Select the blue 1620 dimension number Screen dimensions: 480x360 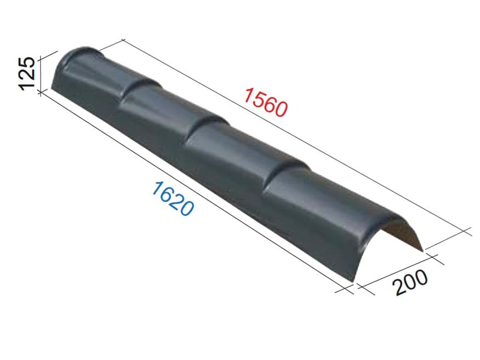click(x=173, y=198)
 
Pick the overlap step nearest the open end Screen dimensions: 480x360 click(x=286, y=174)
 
